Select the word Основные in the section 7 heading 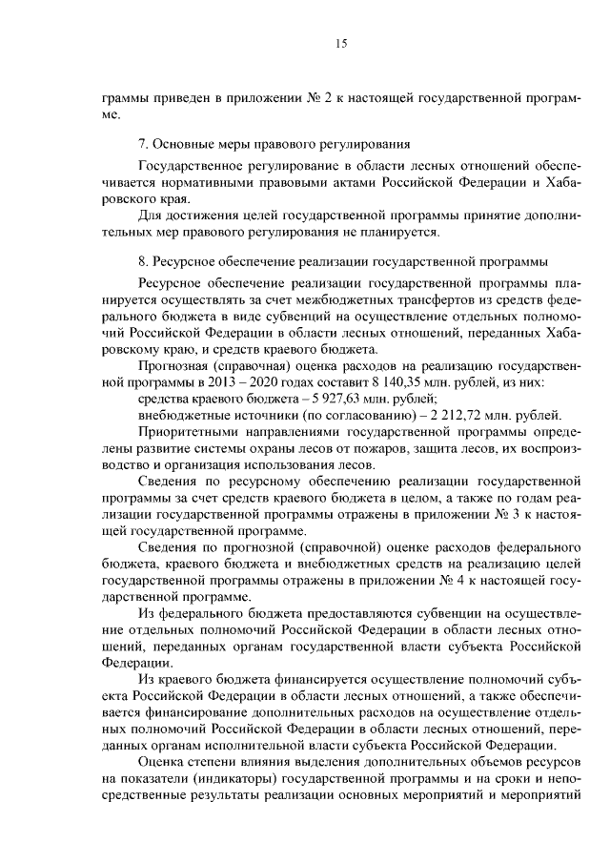click(181, 145)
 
